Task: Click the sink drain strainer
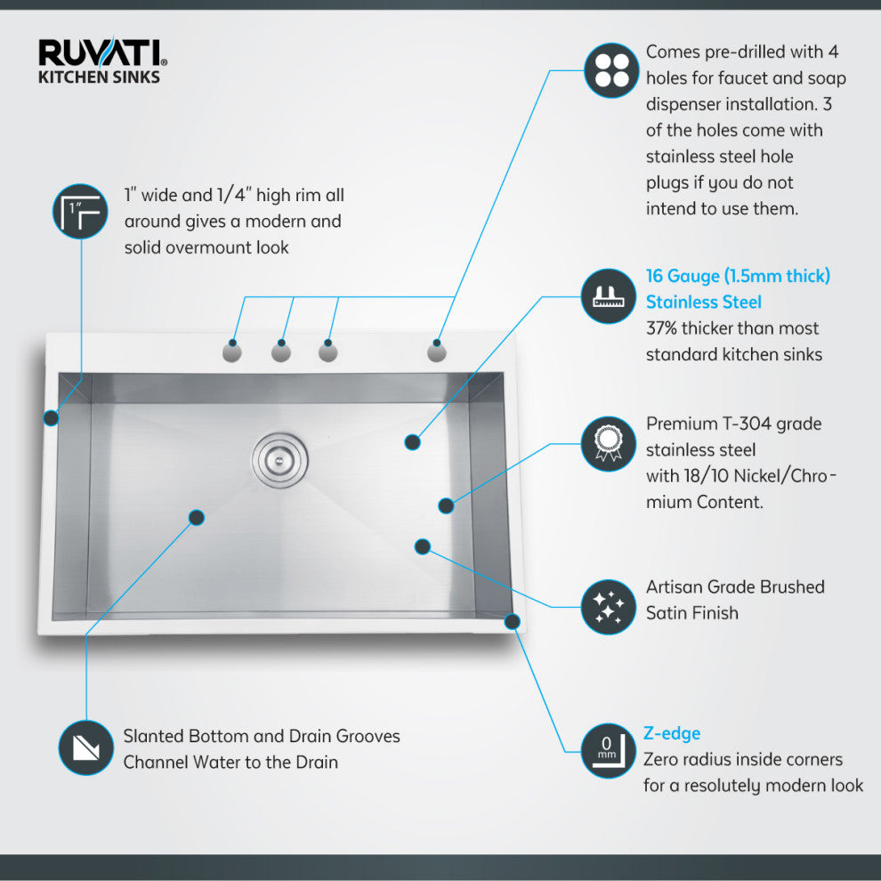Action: pyautogui.click(x=278, y=460)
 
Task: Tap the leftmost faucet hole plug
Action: pyautogui.click(x=232, y=352)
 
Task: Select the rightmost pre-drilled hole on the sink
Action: pyautogui.click(x=437, y=352)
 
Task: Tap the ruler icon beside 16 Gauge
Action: pyautogui.click(x=609, y=295)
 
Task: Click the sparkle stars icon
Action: pyautogui.click(x=609, y=606)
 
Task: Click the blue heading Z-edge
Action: pyautogui.click(x=672, y=733)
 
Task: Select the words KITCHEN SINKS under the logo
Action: pyautogui.click(x=98, y=77)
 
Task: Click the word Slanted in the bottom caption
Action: pyautogui.click(x=153, y=737)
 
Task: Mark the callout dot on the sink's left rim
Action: pyautogui.click(x=51, y=416)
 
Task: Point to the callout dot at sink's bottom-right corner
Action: pyautogui.click(x=511, y=621)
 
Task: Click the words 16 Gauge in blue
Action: pyautogui.click(x=683, y=276)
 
